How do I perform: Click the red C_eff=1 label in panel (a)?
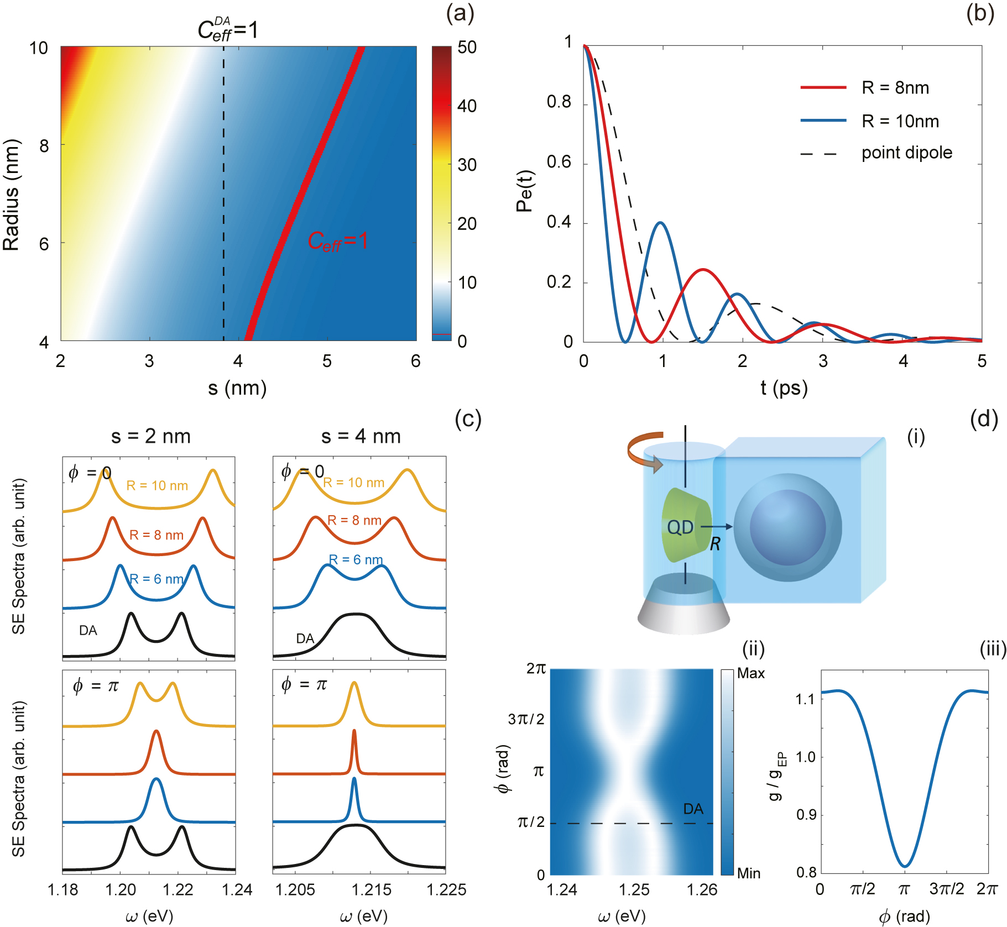coord(337,242)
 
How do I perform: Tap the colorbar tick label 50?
coord(467,48)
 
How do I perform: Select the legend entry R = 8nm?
coord(895,88)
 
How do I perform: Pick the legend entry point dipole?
coord(906,153)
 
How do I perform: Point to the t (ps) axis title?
coord(784,388)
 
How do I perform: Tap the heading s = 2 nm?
coord(150,436)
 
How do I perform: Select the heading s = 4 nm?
coord(361,436)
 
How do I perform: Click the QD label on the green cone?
coord(680,527)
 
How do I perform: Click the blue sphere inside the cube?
coord(787,527)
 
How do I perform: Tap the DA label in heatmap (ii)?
coord(693,809)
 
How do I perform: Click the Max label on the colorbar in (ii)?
coord(750,673)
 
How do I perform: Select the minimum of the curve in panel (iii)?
coord(904,866)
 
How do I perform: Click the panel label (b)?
coord(980,13)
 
